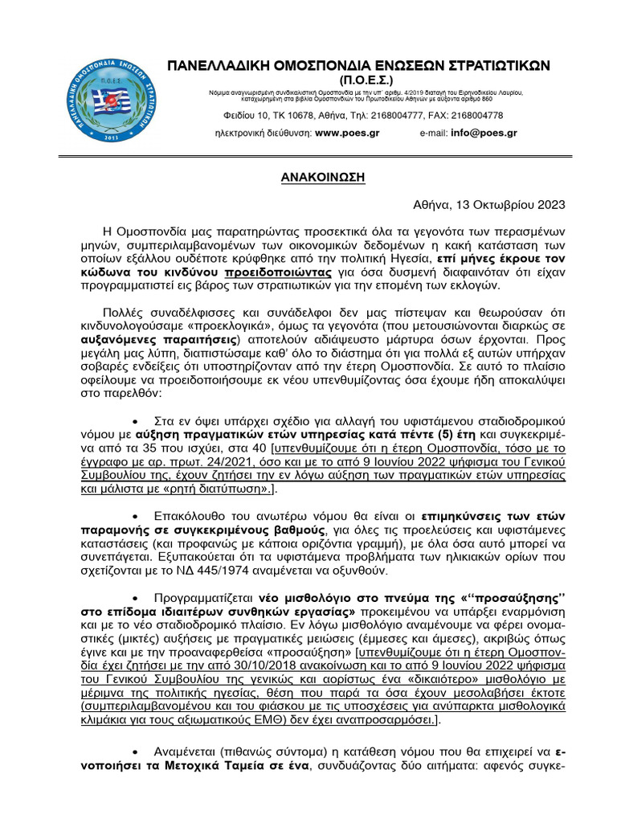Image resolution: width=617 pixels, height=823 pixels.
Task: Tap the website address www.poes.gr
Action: [347, 133]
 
